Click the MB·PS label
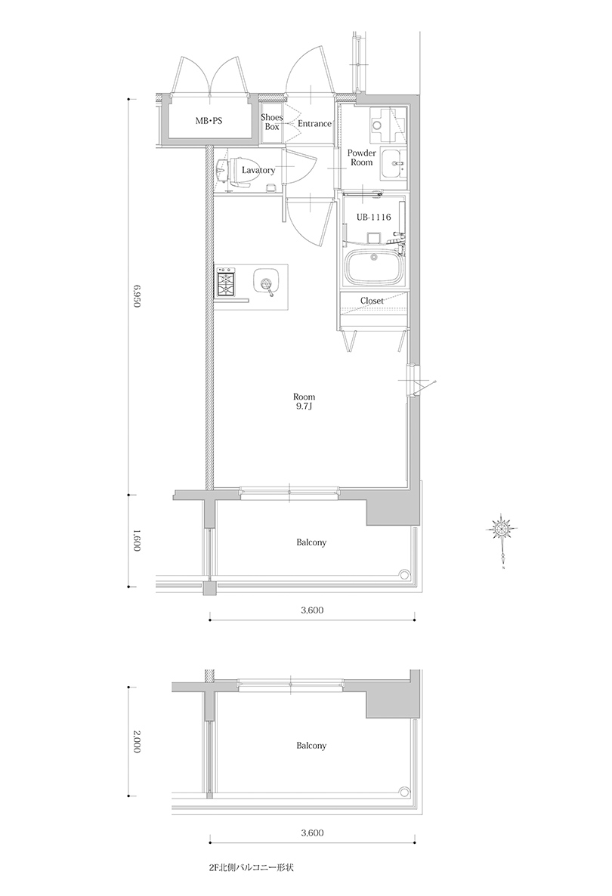(209, 121)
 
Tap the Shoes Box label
(272, 122)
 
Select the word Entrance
(314, 123)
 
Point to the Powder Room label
(362, 158)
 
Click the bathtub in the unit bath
(375, 267)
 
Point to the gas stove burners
(224, 281)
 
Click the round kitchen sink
(264, 283)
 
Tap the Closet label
(372, 301)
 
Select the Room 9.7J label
(304, 402)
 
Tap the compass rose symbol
(502, 529)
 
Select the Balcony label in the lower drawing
(311, 746)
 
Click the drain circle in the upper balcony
(405, 574)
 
